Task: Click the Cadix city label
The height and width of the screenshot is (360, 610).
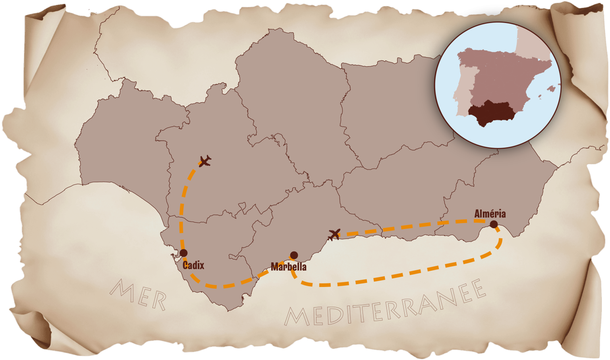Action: [x=193, y=265]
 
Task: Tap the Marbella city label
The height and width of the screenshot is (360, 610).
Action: [x=288, y=266]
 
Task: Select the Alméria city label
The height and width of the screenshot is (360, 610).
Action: [x=490, y=214]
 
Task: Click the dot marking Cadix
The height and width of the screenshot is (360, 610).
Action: [x=183, y=253]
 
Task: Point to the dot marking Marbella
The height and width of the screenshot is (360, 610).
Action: [x=294, y=255]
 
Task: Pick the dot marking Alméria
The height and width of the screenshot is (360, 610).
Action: [x=494, y=224]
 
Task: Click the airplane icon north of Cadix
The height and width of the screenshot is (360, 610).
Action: [x=205, y=161]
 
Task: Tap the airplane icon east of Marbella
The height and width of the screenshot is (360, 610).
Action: [x=334, y=234]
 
